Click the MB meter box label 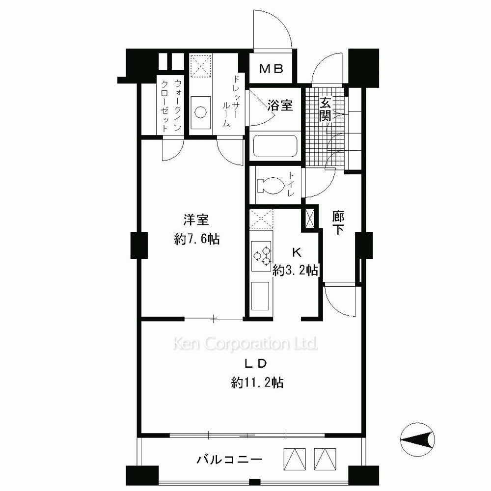[x=272, y=69]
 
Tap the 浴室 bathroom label [x=280, y=106]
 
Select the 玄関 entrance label [x=326, y=109]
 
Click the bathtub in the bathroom [x=275, y=146]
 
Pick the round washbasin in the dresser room [x=200, y=112]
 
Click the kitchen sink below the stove [x=260, y=296]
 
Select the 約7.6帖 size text [x=197, y=240]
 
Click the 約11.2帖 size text [x=257, y=382]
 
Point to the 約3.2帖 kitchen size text [x=295, y=270]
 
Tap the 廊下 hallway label [x=338, y=222]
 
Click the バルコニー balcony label [x=229, y=460]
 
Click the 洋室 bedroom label [x=196, y=220]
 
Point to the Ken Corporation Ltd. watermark [x=245, y=344]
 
